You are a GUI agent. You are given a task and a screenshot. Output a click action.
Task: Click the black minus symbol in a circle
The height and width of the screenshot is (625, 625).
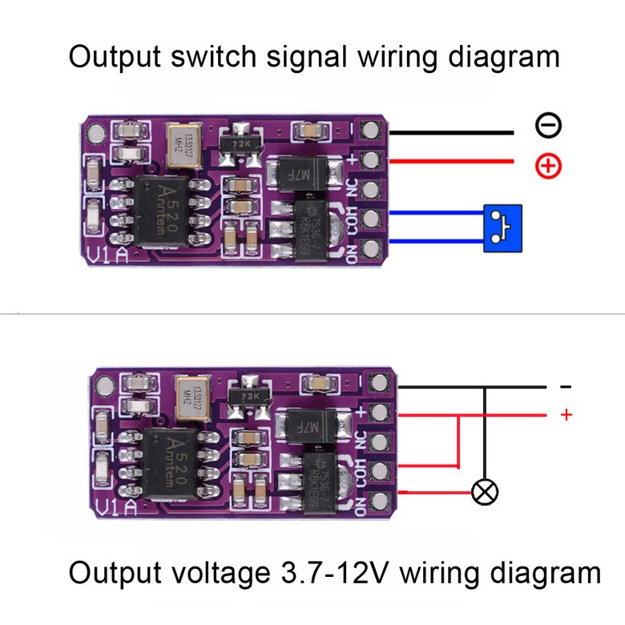[549, 125]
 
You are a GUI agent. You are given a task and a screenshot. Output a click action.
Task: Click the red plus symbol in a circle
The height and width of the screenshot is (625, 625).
[549, 166]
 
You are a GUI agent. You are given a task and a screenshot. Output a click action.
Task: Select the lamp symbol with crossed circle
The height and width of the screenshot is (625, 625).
[484, 491]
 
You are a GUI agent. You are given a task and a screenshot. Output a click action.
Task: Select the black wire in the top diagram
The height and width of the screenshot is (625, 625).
[449, 131]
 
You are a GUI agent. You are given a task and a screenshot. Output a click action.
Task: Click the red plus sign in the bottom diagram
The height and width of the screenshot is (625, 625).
[567, 414]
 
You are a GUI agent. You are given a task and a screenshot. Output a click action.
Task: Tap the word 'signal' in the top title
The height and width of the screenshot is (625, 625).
[308, 58]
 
